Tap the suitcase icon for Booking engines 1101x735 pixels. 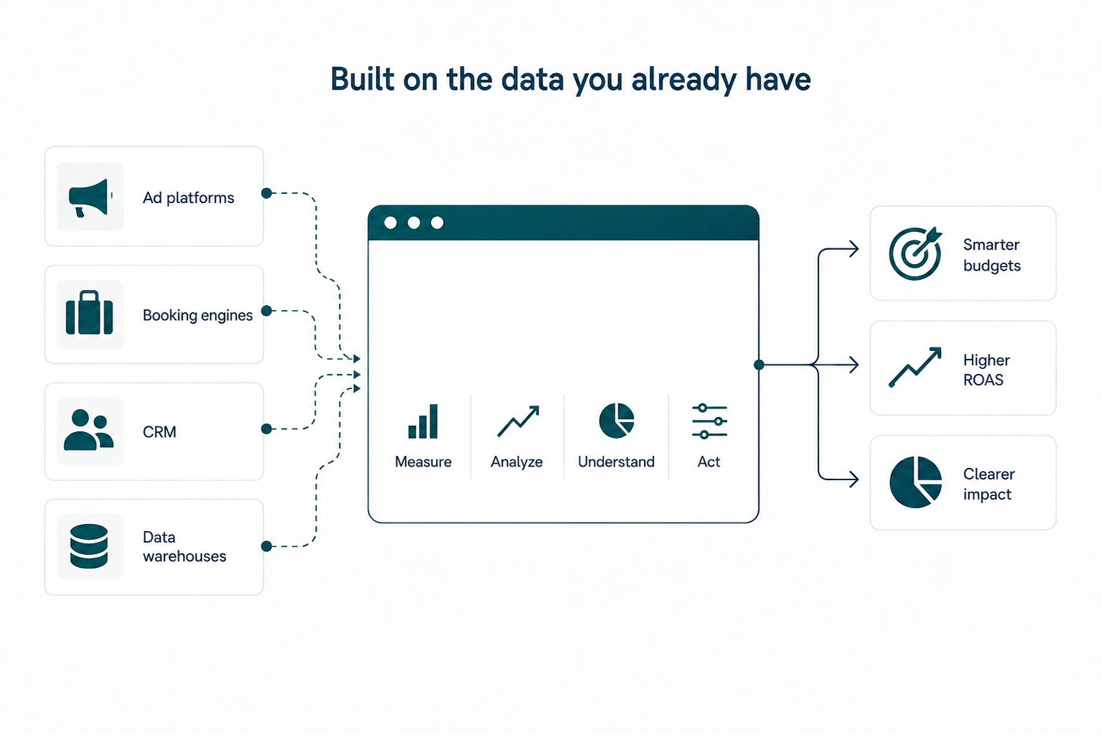click(x=90, y=313)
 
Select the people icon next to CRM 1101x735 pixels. click(x=89, y=430)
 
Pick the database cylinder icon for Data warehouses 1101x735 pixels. click(x=89, y=546)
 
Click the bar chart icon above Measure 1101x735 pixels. click(x=422, y=421)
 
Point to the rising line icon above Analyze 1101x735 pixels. click(x=518, y=421)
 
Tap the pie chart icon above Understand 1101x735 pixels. click(x=616, y=421)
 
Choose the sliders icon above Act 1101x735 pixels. click(x=709, y=421)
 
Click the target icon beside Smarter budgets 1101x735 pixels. click(x=915, y=253)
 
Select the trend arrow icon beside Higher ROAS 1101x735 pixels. click(x=915, y=367)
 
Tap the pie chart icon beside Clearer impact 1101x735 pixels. click(x=916, y=482)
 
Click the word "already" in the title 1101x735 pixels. click(x=684, y=80)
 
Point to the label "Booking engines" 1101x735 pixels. click(x=197, y=315)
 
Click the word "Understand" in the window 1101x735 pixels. click(x=616, y=462)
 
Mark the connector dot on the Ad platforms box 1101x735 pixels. click(x=266, y=193)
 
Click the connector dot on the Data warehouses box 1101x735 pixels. click(x=266, y=546)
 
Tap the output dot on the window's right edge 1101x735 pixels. click(x=759, y=365)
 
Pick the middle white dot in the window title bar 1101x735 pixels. click(x=414, y=223)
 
